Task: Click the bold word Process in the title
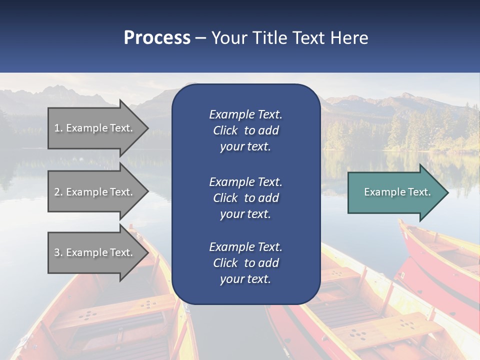pos(157,37)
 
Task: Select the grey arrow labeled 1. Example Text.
pos(95,128)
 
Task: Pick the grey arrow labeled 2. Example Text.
pos(95,192)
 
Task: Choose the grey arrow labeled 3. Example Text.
pos(95,252)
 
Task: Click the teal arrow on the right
pos(395,192)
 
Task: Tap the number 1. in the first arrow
pos(58,128)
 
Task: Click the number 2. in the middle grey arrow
pos(58,192)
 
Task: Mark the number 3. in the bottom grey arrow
pos(58,252)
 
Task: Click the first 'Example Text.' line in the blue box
pos(245,114)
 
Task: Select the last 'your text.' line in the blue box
pos(245,279)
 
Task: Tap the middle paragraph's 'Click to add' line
pos(245,198)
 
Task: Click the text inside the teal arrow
pos(397,192)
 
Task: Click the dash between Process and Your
pos(201,37)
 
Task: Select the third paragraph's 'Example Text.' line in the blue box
pos(245,247)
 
